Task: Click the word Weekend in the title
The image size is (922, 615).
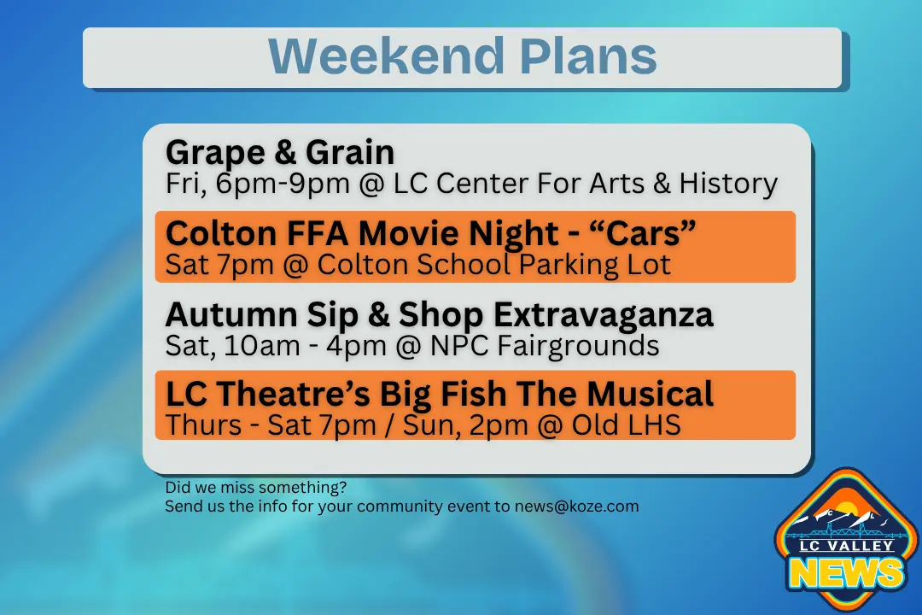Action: click(x=386, y=56)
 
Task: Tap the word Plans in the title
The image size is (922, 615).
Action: click(x=588, y=56)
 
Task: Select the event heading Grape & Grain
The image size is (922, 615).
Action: click(x=280, y=153)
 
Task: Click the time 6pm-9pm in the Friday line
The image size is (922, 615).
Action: click(x=283, y=184)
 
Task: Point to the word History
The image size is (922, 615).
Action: click(x=728, y=184)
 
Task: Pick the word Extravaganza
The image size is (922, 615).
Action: click(x=604, y=315)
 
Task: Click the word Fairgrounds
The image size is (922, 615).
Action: click(x=578, y=345)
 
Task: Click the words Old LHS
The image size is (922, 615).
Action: click(x=626, y=425)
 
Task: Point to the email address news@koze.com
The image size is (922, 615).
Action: click(x=576, y=507)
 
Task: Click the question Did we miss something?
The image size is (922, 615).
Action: click(x=256, y=488)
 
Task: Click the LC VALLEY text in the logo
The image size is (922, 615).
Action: click(x=847, y=546)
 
